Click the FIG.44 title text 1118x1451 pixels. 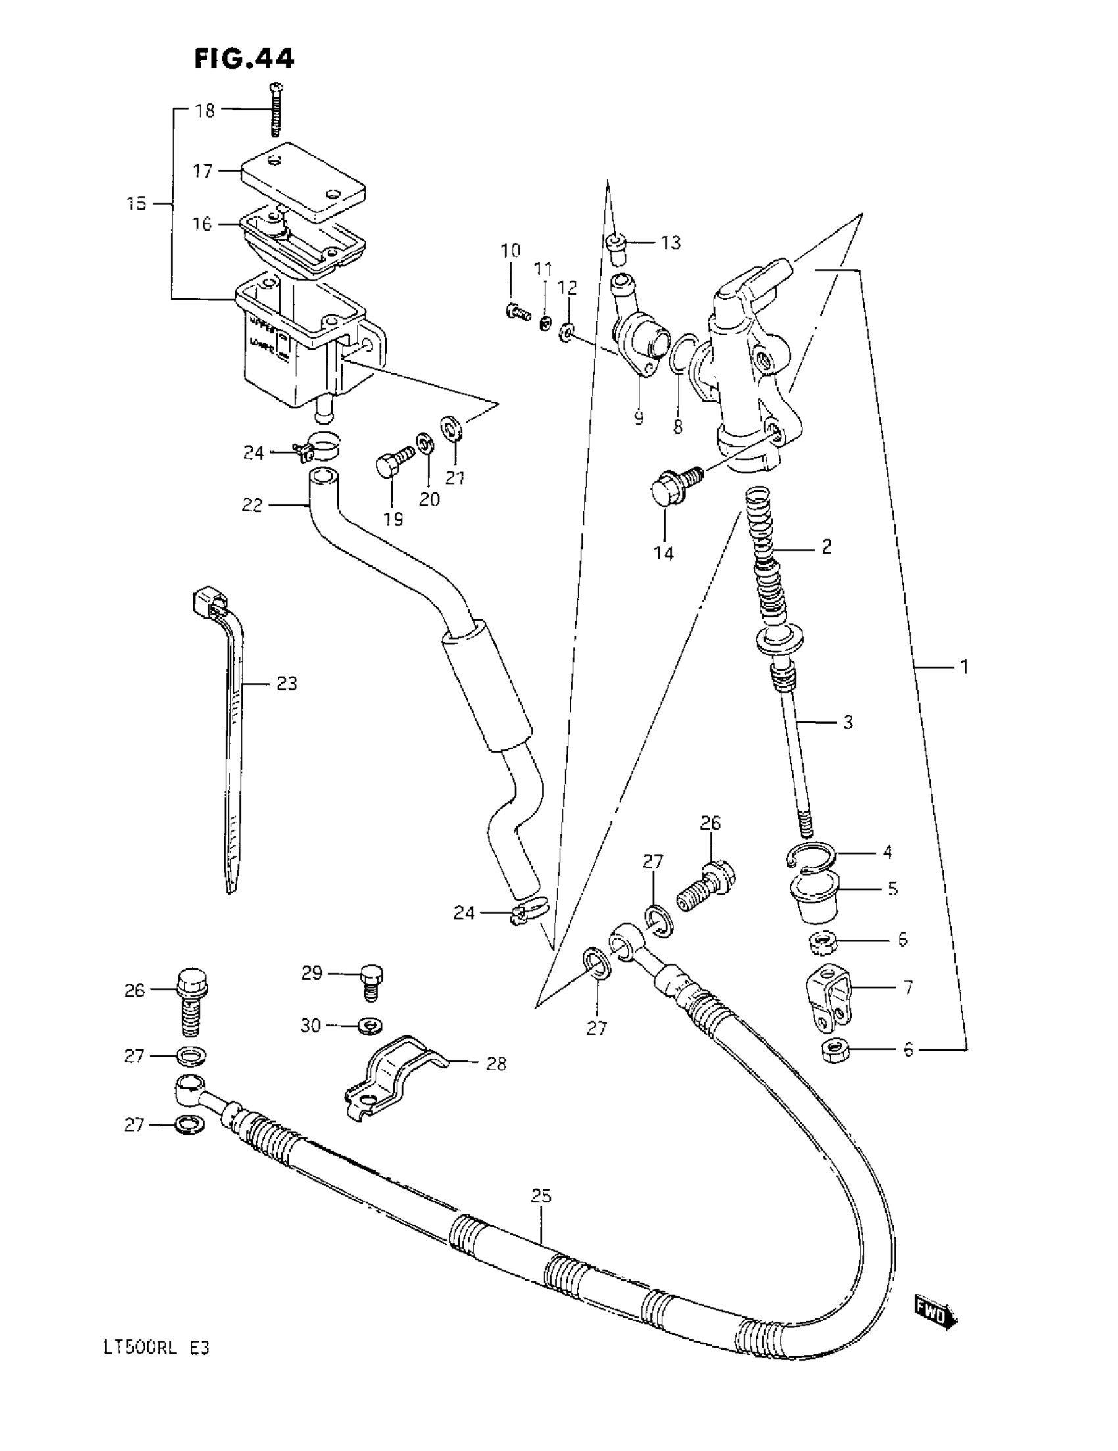pos(243,59)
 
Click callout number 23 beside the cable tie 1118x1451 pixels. pos(286,683)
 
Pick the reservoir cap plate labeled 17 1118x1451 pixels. pos(303,178)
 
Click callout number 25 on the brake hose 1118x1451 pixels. pos(541,1196)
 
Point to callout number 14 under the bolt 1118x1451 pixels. pos(663,553)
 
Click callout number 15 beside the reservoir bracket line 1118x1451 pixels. pos(136,203)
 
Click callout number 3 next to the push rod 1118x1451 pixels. pos(848,722)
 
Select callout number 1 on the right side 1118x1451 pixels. pos(964,666)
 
